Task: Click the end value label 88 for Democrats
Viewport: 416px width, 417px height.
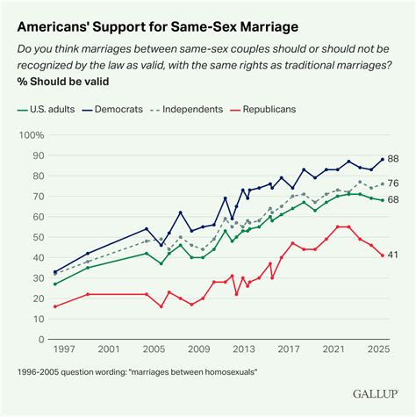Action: point(394,160)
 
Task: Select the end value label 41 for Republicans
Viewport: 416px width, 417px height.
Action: point(394,255)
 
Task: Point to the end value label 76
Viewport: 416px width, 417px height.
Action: point(394,184)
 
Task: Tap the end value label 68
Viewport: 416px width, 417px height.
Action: point(394,200)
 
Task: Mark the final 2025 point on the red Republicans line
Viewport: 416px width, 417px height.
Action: point(382,255)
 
